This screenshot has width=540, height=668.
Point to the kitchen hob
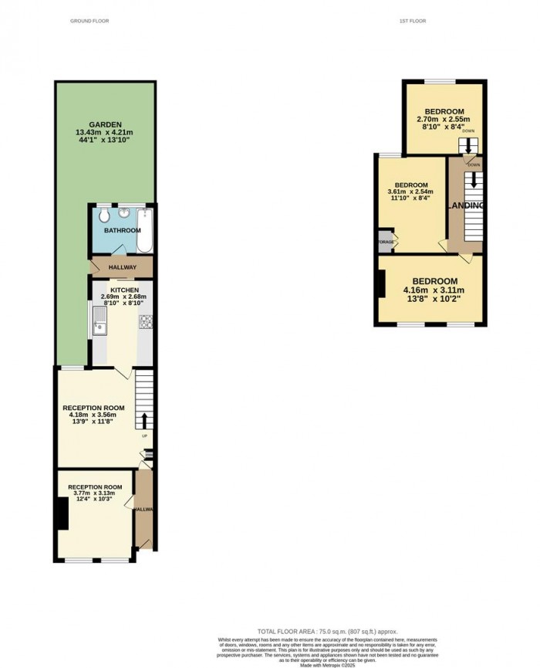(143, 322)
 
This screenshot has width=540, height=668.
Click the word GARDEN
(103, 124)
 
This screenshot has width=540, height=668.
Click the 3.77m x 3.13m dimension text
(96, 495)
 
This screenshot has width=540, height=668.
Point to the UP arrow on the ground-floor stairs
(144, 422)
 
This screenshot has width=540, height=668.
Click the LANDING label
(467, 205)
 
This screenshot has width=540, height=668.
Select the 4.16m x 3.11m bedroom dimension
(434, 290)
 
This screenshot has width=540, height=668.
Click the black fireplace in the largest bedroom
(380, 283)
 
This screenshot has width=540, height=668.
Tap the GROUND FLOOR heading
(89, 21)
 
